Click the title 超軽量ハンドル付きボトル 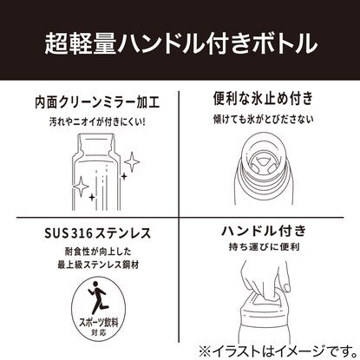coord(181,44)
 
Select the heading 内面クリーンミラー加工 coord(97,102)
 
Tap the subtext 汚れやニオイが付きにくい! coord(97,121)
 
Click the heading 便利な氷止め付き coord(263,99)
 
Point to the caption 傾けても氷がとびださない coord(263,119)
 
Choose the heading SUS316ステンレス coord(97,233)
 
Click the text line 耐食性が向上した coord(98,251)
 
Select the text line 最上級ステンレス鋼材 coord(98,265)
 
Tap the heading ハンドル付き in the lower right coord(264,231)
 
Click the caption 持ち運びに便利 coord(264,247)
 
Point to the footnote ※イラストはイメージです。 coord(278,351)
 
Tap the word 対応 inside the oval coord(99,332)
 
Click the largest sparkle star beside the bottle coord(132,161)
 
